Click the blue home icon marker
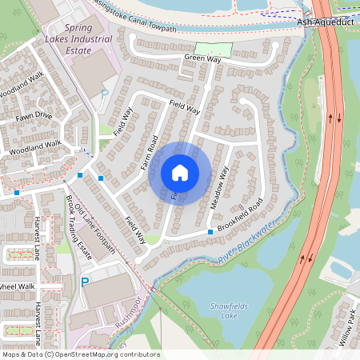coord(180,173)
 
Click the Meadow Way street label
coord(219,188)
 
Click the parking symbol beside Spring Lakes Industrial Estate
coord(104,94)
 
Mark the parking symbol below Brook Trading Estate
coord(85,282)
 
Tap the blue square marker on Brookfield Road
coord(210,232)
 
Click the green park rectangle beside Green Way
coord(218,50)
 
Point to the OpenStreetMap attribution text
coord(81,354)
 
